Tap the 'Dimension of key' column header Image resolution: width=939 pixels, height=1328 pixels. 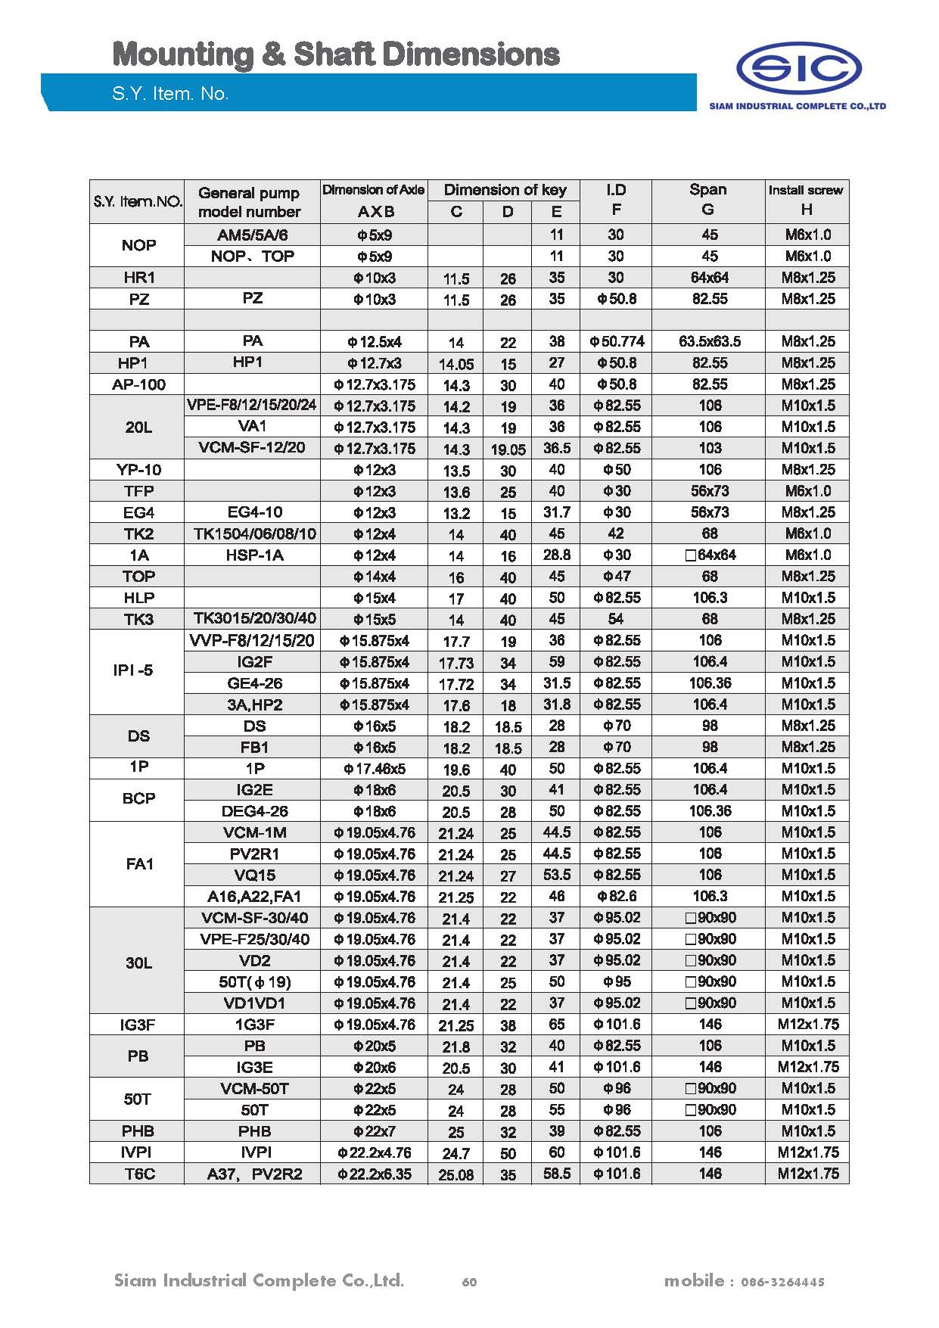505,190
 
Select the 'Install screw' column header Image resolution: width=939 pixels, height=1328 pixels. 806,191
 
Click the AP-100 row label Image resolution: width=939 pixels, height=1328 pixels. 138,384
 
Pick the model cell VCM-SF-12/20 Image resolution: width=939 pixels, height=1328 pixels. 251,448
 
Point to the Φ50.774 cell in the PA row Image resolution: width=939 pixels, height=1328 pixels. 617,342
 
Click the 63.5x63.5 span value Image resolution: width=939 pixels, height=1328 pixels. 709,342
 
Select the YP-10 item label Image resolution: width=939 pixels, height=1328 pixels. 138,470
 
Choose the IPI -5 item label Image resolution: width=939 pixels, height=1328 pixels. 133,670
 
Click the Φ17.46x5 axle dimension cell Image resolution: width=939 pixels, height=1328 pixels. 375,769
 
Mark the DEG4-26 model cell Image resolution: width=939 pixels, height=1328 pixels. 254,811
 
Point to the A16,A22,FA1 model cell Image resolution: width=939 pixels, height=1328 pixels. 254,897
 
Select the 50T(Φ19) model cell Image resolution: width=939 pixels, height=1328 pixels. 254,982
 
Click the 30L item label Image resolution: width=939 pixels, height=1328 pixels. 138,963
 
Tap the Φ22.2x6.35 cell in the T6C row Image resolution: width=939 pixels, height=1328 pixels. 375,1174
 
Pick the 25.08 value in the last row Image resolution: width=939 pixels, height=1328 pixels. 456,1175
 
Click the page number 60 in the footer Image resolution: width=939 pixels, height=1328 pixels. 469,1282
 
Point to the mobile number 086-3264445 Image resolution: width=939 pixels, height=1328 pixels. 782,1282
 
